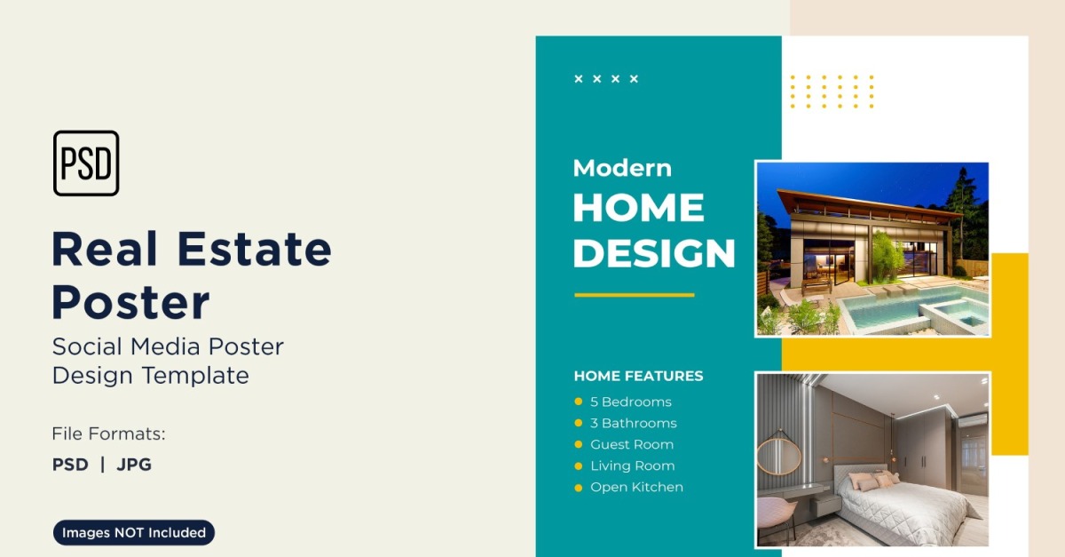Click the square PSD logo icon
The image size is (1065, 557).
tap(86, 163)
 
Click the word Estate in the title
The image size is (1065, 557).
tap(254, 249)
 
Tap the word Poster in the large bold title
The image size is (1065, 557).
tap(130, 302)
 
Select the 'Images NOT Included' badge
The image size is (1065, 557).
tap(134, 532)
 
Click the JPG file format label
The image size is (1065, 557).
tap(134, 464)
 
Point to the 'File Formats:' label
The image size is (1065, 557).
tap(108, 434)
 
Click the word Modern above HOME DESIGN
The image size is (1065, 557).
tap(622, 168)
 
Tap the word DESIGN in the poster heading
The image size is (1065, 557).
tap(654, 253)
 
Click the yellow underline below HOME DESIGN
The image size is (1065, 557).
tap(635, 295)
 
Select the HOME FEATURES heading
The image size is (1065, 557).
tap(638, 376)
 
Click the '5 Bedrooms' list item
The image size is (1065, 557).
tap(631, 402)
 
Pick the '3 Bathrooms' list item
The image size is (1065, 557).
tap(634, 423)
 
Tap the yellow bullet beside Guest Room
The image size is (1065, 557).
tap(579, 445)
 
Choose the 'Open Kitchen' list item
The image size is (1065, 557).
tap(636, 487)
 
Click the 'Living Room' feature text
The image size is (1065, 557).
tap(632, 465)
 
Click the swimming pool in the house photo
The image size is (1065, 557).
tap(913, 307)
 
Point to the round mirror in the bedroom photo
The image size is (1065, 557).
tap(779, 456)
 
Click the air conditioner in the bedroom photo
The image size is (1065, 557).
tap(972, 421)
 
